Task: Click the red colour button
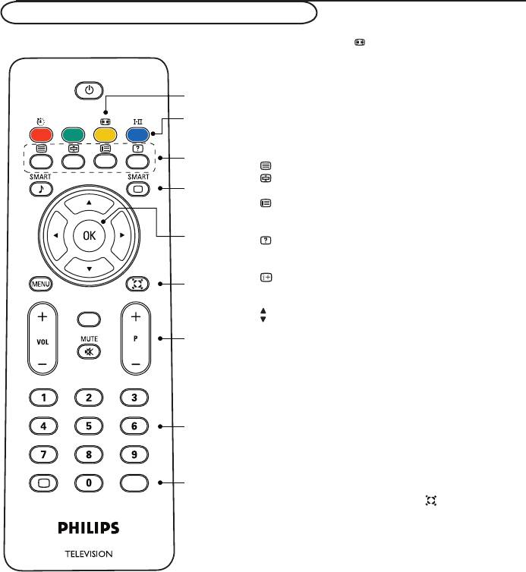click(x=41, y=135)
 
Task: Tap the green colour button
click(x=74, y=135)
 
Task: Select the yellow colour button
click(x=106, y=135)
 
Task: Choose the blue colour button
click(x=137, y=135)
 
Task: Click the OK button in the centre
click(x=89, y=236)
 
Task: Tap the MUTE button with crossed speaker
click(x=89, y=352)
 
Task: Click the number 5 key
click(x=89, y=426)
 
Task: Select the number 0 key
click(x=89, y=483)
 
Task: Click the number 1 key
click(x=43, y=398)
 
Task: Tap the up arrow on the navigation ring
click(x=89, y=203)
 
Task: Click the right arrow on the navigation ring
click(x=122, y=235)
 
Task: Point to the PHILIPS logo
click(x=89, y=528)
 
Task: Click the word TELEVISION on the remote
click(x=89, y=554)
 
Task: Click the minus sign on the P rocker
click(x=136, y=364)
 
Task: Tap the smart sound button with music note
click(x=41, y=189)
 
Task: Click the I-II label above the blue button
click(x=137, y=121)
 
